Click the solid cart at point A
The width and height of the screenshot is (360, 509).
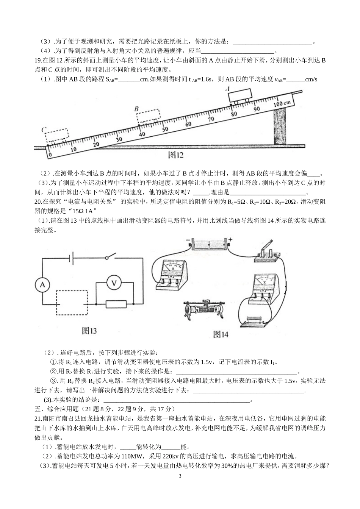tap(241, 95)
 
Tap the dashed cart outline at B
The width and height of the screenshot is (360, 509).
tap(148, 116)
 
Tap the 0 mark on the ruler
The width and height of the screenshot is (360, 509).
tap(49, 155)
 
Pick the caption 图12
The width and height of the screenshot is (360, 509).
tap(175, 155)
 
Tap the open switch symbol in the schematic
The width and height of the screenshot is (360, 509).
tap(110, 258)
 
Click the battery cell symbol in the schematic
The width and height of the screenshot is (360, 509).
tap(71, 258)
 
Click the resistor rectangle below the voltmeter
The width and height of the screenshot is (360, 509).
tap(116, 304)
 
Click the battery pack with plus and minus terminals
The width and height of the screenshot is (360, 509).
tap(210, 244)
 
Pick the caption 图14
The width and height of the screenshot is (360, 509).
tap(221, 334)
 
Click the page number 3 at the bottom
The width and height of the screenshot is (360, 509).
tap(180, 476)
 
